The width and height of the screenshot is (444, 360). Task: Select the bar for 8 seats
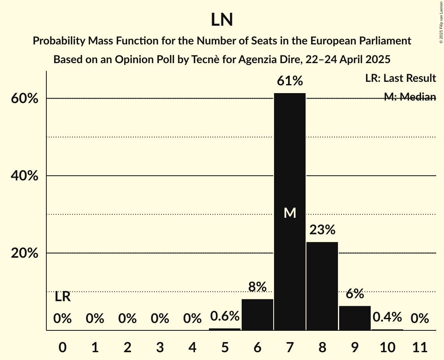point(322,286)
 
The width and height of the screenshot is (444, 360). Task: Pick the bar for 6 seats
point(257,314)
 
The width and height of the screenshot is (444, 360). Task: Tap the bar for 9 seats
point(354,318)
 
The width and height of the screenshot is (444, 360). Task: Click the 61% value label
point(290,81)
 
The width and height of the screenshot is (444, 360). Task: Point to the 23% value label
point(322,230)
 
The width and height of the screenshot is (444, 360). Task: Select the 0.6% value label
point(225,316)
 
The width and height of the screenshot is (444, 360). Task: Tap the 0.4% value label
point(387,317)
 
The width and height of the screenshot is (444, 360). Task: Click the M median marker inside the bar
point(290,213)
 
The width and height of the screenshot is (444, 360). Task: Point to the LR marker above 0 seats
point(62,297)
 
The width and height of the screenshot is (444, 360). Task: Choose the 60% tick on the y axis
point(25,99)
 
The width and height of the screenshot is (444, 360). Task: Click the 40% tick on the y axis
point(25,176)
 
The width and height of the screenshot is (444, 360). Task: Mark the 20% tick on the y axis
point(25,253)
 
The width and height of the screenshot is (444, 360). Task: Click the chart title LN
point(222,20)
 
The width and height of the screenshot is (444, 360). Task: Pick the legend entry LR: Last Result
point(400,78)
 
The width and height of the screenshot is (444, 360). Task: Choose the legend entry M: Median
point(410,97)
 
